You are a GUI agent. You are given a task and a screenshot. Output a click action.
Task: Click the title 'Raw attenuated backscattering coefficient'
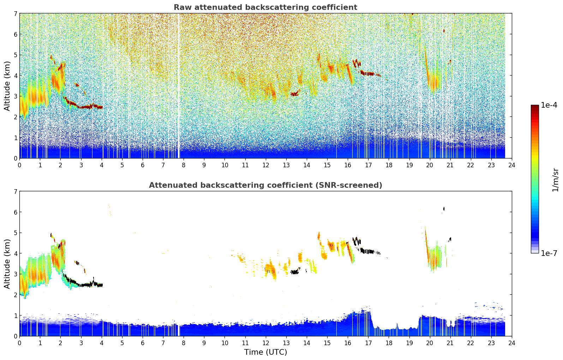265,7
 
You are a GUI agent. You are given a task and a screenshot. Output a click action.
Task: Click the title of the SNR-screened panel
265,185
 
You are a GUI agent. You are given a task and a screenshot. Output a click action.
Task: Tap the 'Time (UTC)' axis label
265,352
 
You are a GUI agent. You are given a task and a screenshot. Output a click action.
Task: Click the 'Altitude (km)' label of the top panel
7,86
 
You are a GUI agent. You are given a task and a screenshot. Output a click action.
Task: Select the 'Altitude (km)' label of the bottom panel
7,264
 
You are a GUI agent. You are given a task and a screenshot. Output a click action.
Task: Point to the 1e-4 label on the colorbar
549,105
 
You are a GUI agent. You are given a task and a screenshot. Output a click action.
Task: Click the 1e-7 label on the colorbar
549,253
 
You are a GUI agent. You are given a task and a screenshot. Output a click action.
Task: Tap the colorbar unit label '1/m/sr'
555,179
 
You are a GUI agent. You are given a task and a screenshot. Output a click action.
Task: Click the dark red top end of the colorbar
535,107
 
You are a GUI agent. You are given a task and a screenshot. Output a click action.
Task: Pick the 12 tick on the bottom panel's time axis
265,343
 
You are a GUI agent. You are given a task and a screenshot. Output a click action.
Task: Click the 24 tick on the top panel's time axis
512,165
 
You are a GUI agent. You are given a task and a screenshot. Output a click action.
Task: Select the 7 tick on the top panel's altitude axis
15,13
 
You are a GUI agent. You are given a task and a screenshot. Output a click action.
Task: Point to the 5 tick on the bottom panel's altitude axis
15,233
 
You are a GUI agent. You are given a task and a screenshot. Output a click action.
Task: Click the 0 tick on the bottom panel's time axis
19,343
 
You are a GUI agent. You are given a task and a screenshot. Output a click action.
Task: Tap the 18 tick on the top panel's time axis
389,165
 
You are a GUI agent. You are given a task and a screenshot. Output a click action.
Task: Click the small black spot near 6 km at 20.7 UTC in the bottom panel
444,209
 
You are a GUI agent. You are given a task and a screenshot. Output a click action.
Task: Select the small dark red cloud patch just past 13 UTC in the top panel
294,94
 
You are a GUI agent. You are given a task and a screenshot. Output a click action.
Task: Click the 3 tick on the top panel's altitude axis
15,96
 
